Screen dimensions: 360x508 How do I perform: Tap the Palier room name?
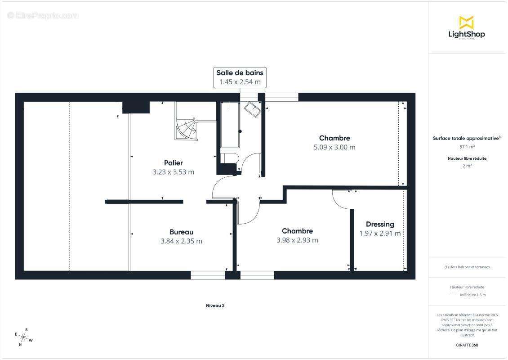(x=173, y=163)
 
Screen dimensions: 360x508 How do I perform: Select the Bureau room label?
(x=181, y=232)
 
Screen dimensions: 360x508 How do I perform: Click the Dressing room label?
(x=380, y=224)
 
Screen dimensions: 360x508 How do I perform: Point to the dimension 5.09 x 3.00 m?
(x=334, y=147)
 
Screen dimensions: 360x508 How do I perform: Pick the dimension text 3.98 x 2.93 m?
(x=297, y=240)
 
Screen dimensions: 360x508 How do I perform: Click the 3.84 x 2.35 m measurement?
(x=181, y=241)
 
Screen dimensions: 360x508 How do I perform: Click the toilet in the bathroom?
(x=229, y=158)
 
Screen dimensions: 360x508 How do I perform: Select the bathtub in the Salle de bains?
(x=230, y=125)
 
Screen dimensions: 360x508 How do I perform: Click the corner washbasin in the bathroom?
(x=252, y=109)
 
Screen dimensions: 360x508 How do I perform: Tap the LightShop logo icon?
(x=466, y=22)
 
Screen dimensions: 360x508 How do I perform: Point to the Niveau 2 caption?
(x=215, y=306)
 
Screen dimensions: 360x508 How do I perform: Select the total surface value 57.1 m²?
(x=467, y=147)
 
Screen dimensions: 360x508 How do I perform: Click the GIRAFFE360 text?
(x=467, y=346)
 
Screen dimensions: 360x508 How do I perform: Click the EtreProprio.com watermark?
(x=43, y=15)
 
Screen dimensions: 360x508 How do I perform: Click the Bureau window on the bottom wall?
(x=208, y=275)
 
